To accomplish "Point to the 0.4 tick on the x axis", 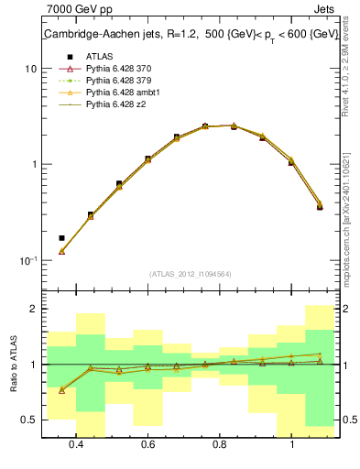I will click(76, 444).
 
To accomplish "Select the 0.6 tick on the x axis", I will click(148, 444).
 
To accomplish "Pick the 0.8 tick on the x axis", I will click(220, 444).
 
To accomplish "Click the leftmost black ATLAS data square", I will click(61, 238).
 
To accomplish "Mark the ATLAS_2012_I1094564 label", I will click(191, 273).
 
